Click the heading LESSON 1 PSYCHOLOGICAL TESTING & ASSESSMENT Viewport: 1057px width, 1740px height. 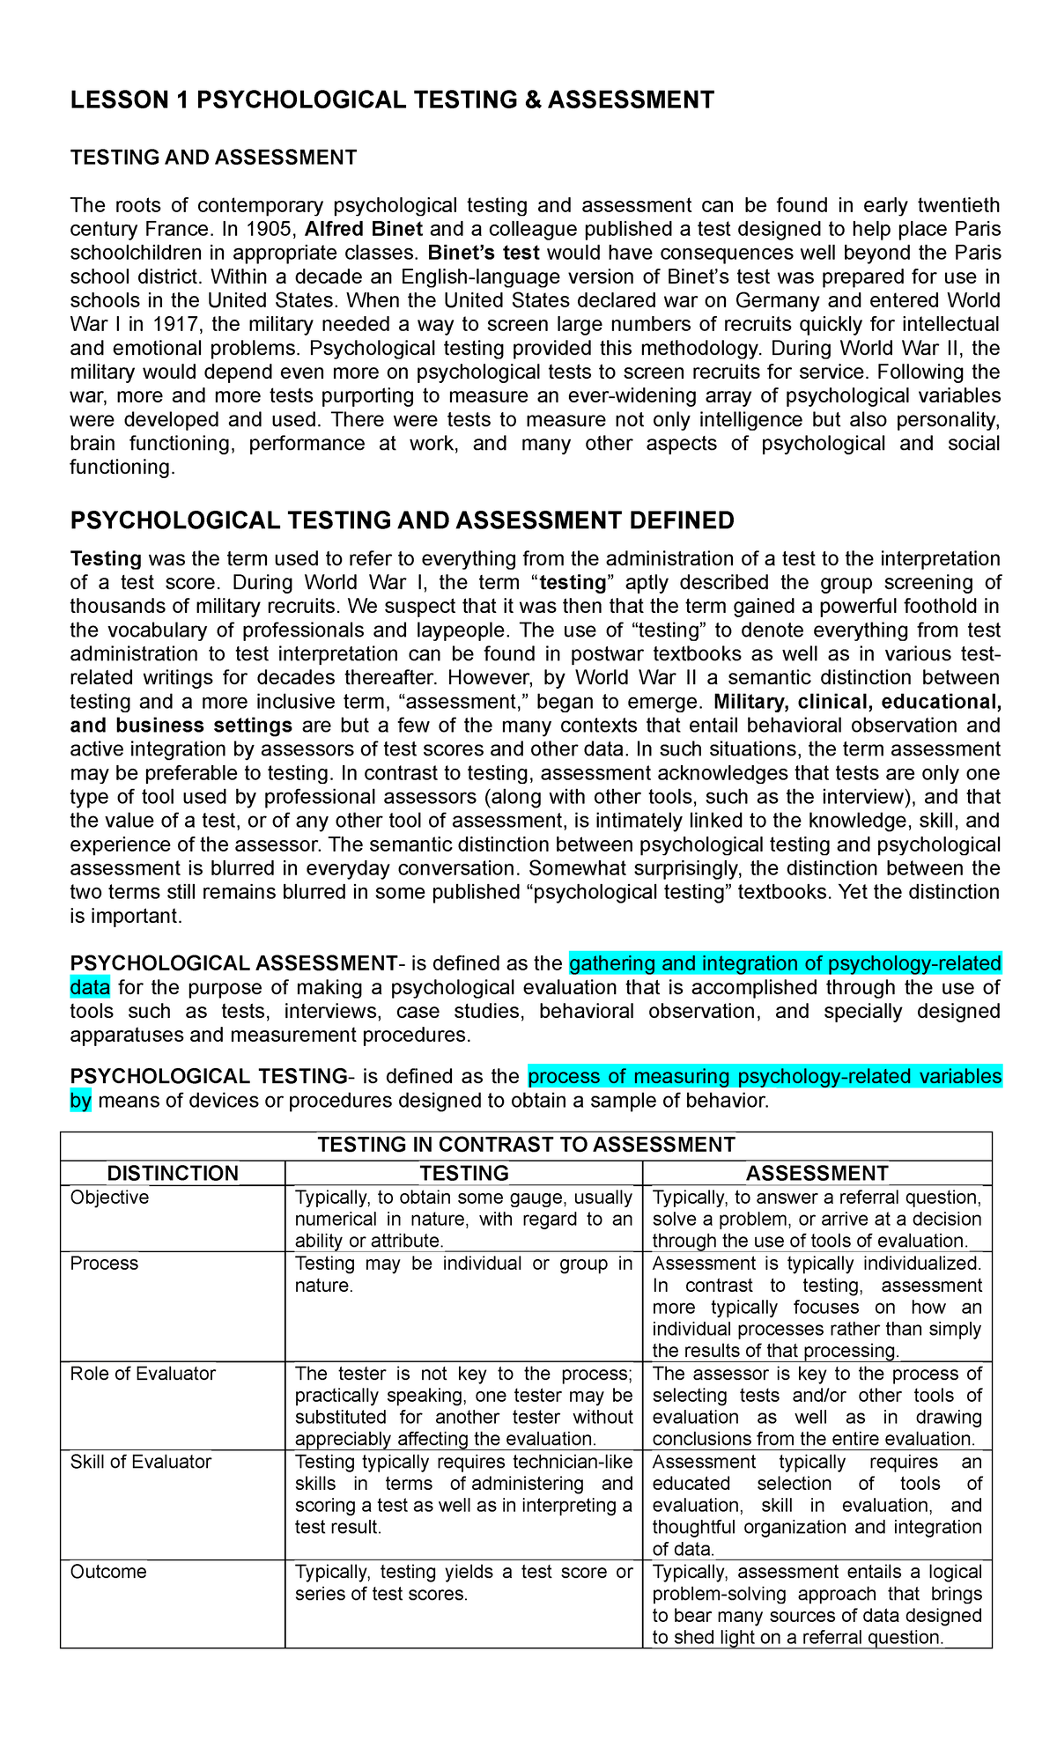[392, 100]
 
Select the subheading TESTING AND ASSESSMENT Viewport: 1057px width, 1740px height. [213, 158]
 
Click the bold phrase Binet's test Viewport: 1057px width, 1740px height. [484, 254]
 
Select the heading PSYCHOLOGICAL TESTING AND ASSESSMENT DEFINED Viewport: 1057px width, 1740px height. [402, 520]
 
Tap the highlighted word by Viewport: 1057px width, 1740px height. [80, 1101]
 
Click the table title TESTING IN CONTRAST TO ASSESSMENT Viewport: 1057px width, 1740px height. [526, 1145]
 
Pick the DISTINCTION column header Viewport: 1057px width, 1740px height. [173, 1173]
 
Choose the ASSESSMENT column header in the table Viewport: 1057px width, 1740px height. [817, 1173]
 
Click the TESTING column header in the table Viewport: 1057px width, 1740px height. [463, 1173]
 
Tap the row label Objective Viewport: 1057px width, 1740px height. [109, 1198]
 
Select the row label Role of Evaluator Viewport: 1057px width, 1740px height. [143, 1374]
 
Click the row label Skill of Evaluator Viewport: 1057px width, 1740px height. [141, 1462]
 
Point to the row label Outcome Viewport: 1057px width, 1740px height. [108, 1572]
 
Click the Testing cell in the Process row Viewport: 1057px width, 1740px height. [463, 1275]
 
